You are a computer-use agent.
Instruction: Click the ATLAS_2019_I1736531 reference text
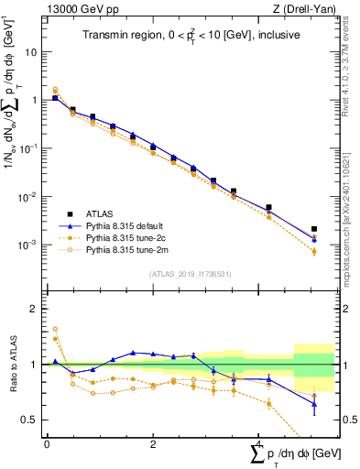190,273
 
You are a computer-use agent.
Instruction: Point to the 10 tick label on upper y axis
30,51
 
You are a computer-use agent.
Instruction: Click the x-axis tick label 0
47,443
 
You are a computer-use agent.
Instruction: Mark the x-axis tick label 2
153,443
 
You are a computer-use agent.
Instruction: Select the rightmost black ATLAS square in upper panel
314,229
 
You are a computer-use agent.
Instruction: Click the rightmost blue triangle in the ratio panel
314,404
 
